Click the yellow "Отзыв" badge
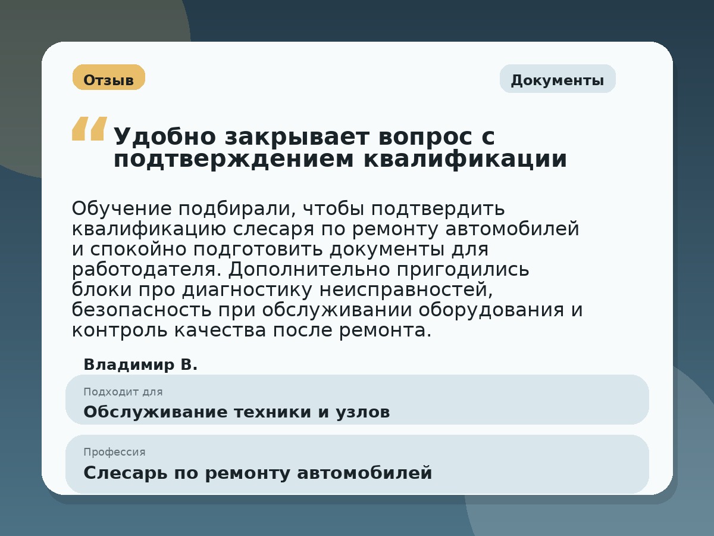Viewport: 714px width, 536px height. [x=108, y=78]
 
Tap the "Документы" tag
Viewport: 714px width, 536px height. [x=557, y=79]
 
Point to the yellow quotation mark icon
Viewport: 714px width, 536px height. [x=89, y=129]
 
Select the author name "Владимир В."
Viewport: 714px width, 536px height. [x=140, y=364]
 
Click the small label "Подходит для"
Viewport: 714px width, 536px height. [x=123, y=392]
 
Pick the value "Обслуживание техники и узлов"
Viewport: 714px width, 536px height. [x=236, y=412]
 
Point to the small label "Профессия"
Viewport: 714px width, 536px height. [x=114, y=452]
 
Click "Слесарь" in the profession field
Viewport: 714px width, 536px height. [x=123, y=473]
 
